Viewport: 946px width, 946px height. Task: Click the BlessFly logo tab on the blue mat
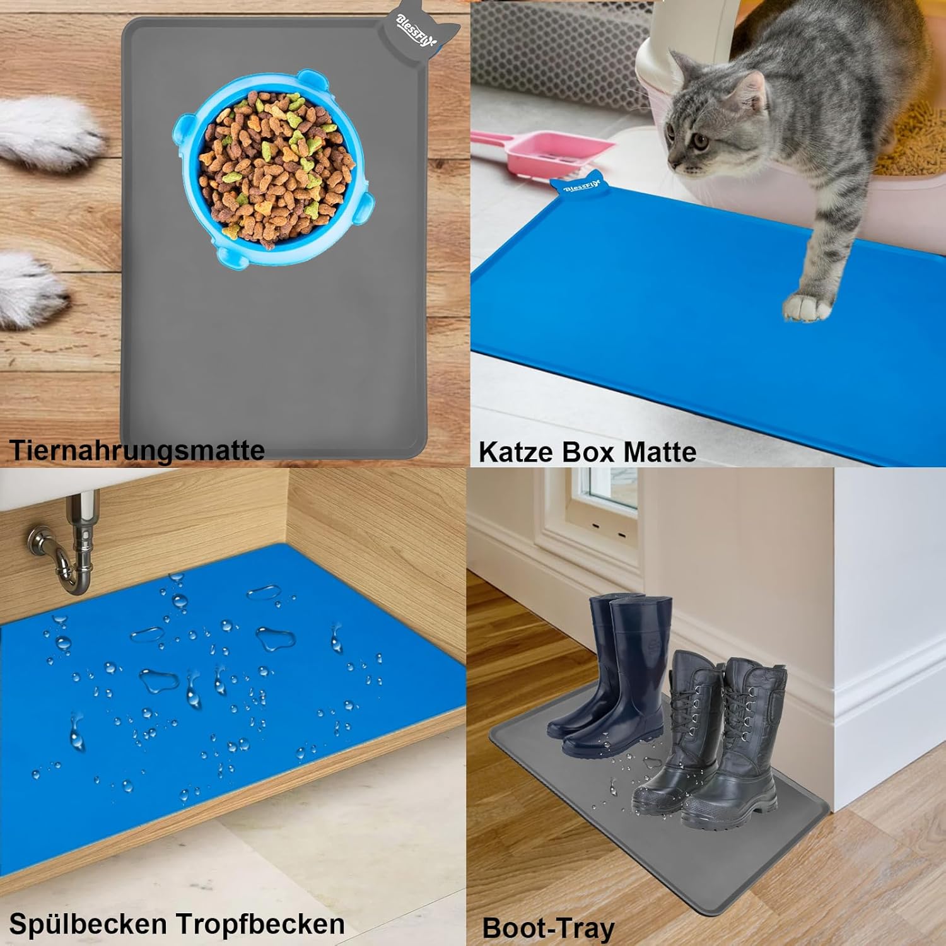click(578, 187)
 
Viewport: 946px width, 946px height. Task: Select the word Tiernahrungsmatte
click(136, 450)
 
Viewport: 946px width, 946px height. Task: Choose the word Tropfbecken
click(260, 924)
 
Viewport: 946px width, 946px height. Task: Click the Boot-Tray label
click(547, 928)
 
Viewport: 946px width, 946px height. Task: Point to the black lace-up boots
click(719, 744)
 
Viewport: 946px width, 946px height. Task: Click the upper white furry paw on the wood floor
click(47, 132)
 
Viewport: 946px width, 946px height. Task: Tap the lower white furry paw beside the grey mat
click(28, 287)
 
